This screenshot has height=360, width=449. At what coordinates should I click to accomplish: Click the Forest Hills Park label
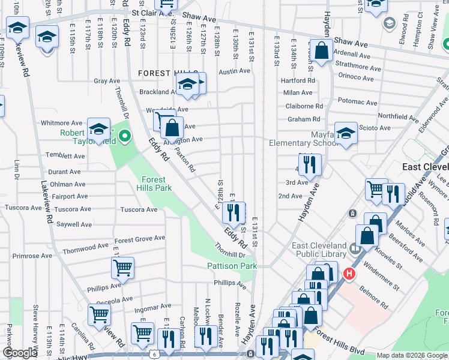(157, 183)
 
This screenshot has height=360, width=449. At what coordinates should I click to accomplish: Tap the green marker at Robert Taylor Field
(125, 137)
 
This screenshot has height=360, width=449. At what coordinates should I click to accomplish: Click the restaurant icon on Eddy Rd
(233, 211)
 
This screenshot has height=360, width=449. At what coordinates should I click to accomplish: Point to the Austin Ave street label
(234, 71)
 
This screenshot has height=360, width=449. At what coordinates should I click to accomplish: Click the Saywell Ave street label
(74, 224)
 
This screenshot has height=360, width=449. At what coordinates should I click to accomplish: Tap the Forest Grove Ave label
(139, 238)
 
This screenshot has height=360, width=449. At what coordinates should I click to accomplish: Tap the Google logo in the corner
(20, 353)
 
